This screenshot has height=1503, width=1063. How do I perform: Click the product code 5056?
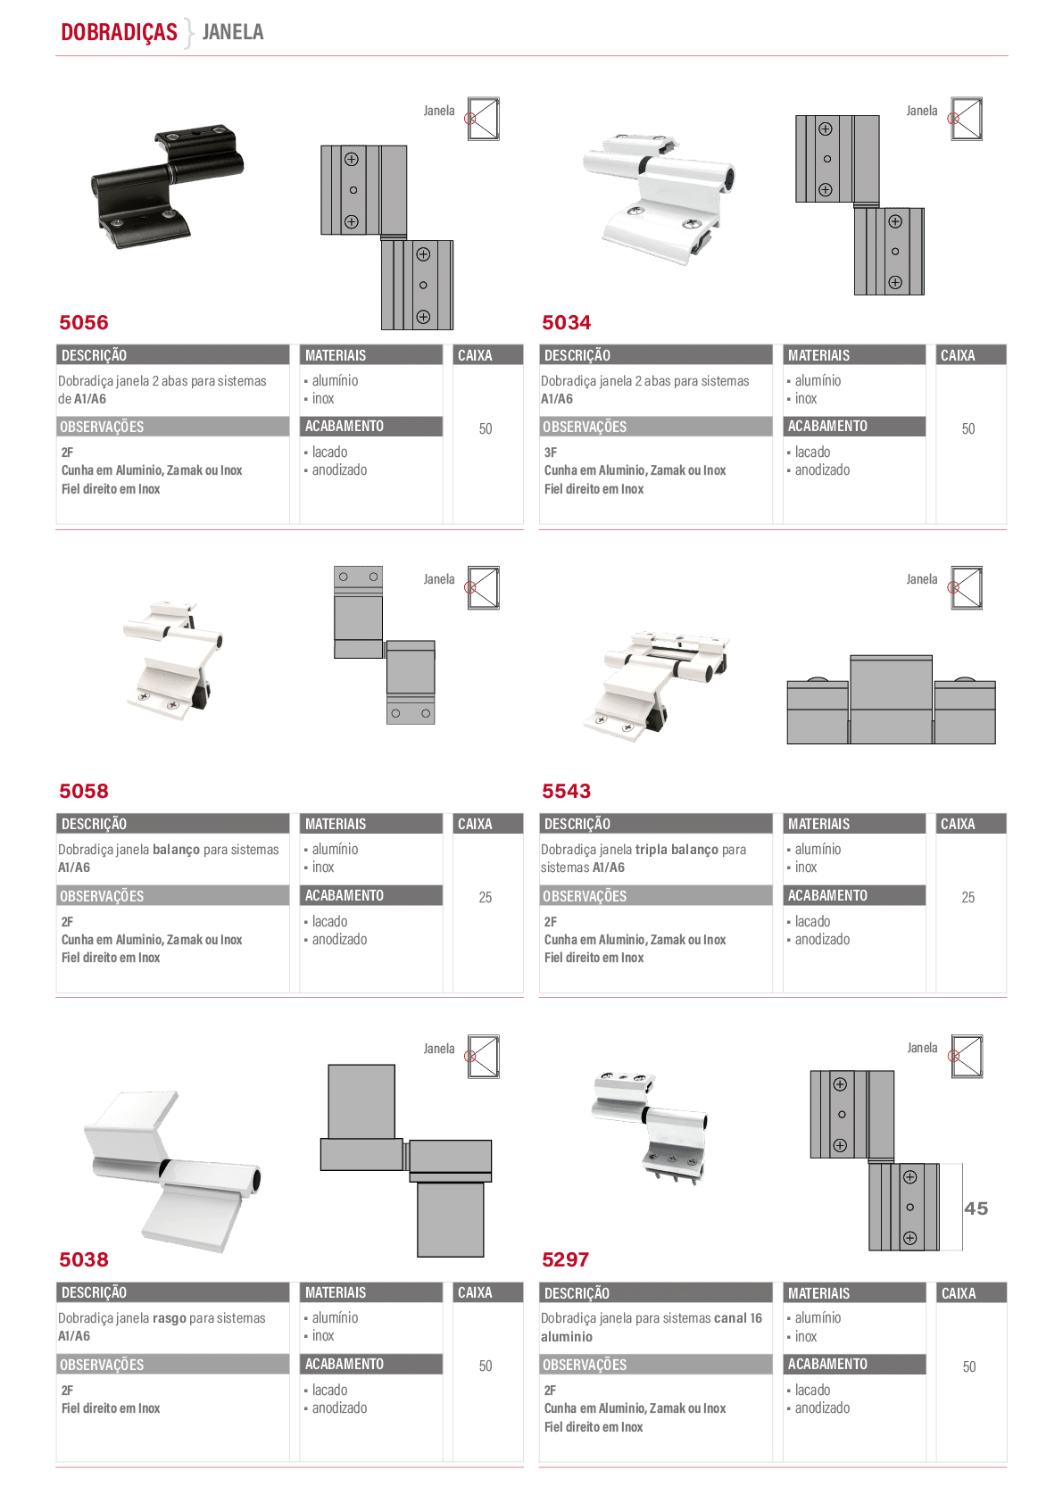click(84, 323)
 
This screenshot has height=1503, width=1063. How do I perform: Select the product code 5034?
click(567, 323)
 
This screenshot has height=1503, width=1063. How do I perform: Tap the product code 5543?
click(567, 791)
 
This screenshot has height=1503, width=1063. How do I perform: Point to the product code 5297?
click(566, 1259)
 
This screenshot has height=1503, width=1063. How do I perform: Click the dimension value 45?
click(976, 1208)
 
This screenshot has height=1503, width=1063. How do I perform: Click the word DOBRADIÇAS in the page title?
click(119, 32)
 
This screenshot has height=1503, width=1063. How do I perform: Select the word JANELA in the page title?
click(233, 32)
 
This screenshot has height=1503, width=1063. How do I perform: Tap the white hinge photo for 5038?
click(172, 1171)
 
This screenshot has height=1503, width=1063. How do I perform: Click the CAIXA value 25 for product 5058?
click(486, 897)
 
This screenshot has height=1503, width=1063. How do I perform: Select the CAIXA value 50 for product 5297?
click(969, 1366)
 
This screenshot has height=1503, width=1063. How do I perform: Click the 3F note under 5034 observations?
click(551, 453)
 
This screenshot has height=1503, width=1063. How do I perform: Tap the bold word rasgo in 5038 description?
click(170, 1318)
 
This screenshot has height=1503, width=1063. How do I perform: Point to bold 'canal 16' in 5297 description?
click(738, 1318)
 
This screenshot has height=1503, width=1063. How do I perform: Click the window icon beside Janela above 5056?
click(483, 119)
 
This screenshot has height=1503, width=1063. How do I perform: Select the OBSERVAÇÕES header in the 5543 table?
click(585, 896)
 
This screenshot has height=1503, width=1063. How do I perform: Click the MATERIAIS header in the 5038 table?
click(336, 1292)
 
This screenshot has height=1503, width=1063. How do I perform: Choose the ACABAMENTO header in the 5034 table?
click(827, 426)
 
